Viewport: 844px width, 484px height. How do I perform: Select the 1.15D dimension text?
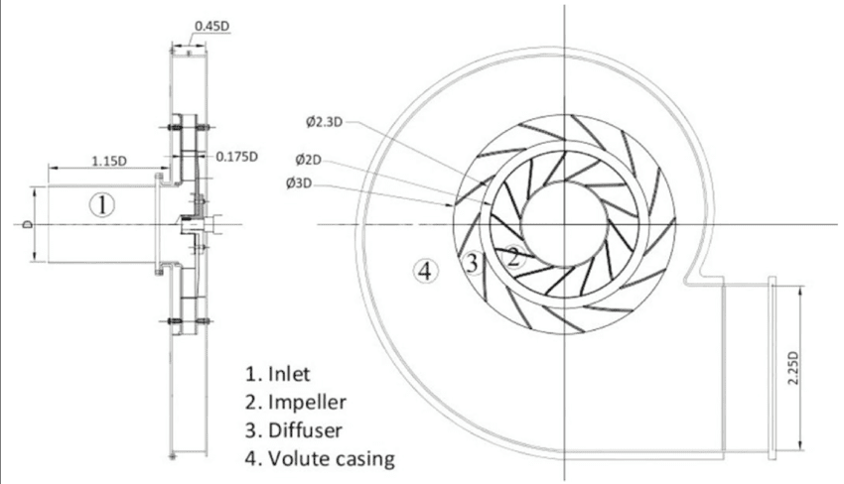click(109, 161)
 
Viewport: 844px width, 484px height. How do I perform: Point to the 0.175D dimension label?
click(237, 157)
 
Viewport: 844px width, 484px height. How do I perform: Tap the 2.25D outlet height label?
click(793, 368)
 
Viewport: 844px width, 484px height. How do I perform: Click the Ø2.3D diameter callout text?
click(324, 122)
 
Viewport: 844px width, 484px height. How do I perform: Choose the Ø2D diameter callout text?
click(308, 160)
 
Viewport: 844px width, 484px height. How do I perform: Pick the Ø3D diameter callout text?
click(299, 183)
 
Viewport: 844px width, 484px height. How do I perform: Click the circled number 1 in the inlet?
click(101, 205)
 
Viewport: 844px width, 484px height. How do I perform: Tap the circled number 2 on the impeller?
click(513, 258)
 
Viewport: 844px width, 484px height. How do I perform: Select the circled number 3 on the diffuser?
click(472, 264)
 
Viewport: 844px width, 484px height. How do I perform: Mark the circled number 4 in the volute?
click(425, 271)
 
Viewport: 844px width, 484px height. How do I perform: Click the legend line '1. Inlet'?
click(278, 374)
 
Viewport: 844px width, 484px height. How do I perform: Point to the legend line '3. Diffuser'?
click(294, 430)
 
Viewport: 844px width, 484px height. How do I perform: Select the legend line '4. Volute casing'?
click(321, 459)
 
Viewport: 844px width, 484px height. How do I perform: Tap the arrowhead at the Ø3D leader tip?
click(451, 205)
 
